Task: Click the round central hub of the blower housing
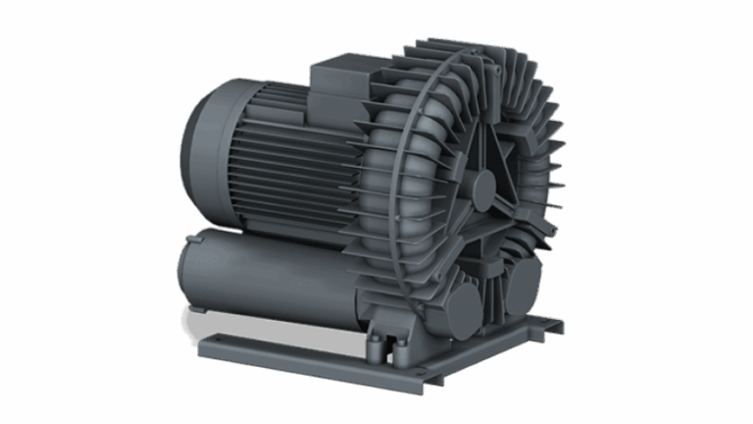pos(482,183)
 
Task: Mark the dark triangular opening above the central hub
pos(490,147)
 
